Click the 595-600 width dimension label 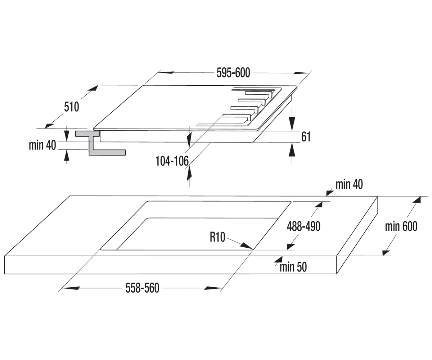(233, 73)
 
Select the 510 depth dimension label (72, 107)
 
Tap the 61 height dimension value (306, 137)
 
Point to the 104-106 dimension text (172, 161)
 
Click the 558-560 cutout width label (142, 288)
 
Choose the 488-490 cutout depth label (303, 226)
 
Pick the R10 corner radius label (217, 237)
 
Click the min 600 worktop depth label (401, 226)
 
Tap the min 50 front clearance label (293, 267)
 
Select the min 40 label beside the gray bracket (42, 145)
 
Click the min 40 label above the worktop (349, 184)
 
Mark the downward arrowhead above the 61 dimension (292, 124)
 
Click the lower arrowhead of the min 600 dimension (386, 253)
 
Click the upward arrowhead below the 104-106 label (189, 174)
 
